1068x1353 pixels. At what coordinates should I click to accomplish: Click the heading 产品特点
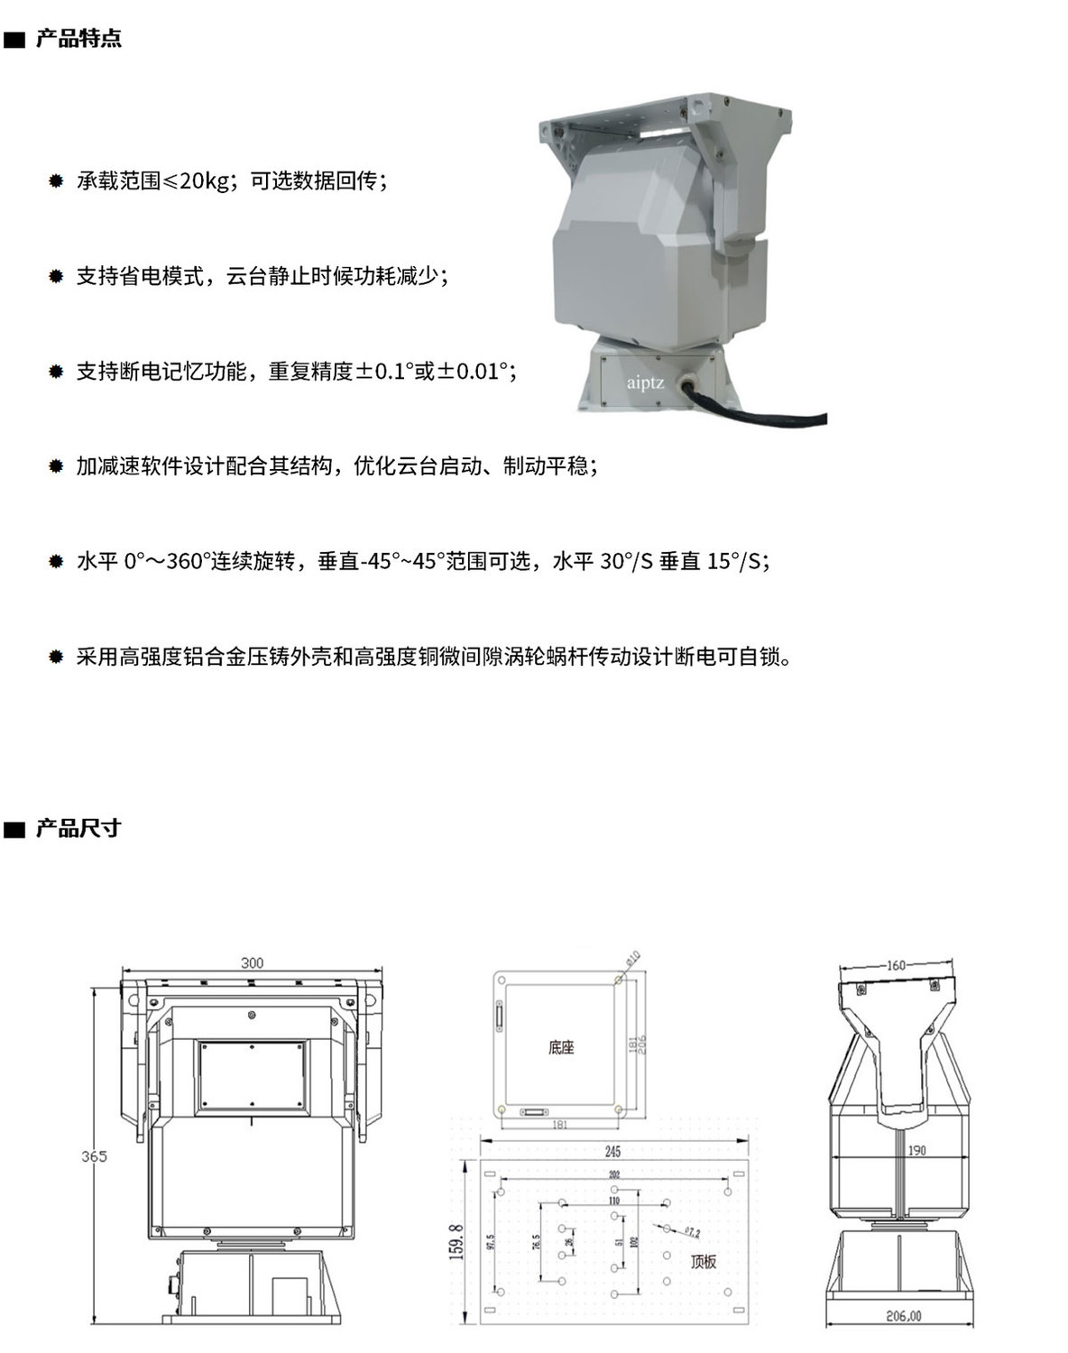pyautogui.click(x=78, y=39)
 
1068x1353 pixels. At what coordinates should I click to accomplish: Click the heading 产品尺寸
pyautogui.click(x=78, y=828)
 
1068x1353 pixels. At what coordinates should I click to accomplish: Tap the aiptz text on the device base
pyautogui.click(x=645, y=383)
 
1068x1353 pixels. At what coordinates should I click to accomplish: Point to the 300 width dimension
pyautogui.click(x=253, y=963)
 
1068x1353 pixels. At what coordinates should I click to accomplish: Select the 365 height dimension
pyautogui.click(x=94, y=1156)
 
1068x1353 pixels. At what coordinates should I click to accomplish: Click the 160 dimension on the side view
pyautogui.click(x=896, y=966)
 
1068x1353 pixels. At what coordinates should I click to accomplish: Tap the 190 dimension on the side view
pyautogui.click(x=916, y=1151)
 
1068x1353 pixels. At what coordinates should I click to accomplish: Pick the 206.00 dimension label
pyautogui.click(x=903, y=1318)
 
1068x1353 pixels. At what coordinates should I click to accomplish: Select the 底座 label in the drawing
pyautogui.click(x=560, y=1048)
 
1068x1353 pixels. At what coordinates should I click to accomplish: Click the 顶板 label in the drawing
pyautogui.click(x=703, y=1262)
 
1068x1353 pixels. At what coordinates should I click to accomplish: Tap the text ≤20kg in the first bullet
pyautogui.click(x=196, y=181)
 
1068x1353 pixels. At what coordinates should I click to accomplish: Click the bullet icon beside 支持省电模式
pyautogui.click(x=56, y=276)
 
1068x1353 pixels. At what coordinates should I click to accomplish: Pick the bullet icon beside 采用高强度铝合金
pyautogui.click(x=56, y=657)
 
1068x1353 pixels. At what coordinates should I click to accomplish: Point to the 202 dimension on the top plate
pyautogui.click(x=614, y=1174)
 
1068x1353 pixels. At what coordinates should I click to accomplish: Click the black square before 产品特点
pyautogui.click(x=15, y=41)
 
